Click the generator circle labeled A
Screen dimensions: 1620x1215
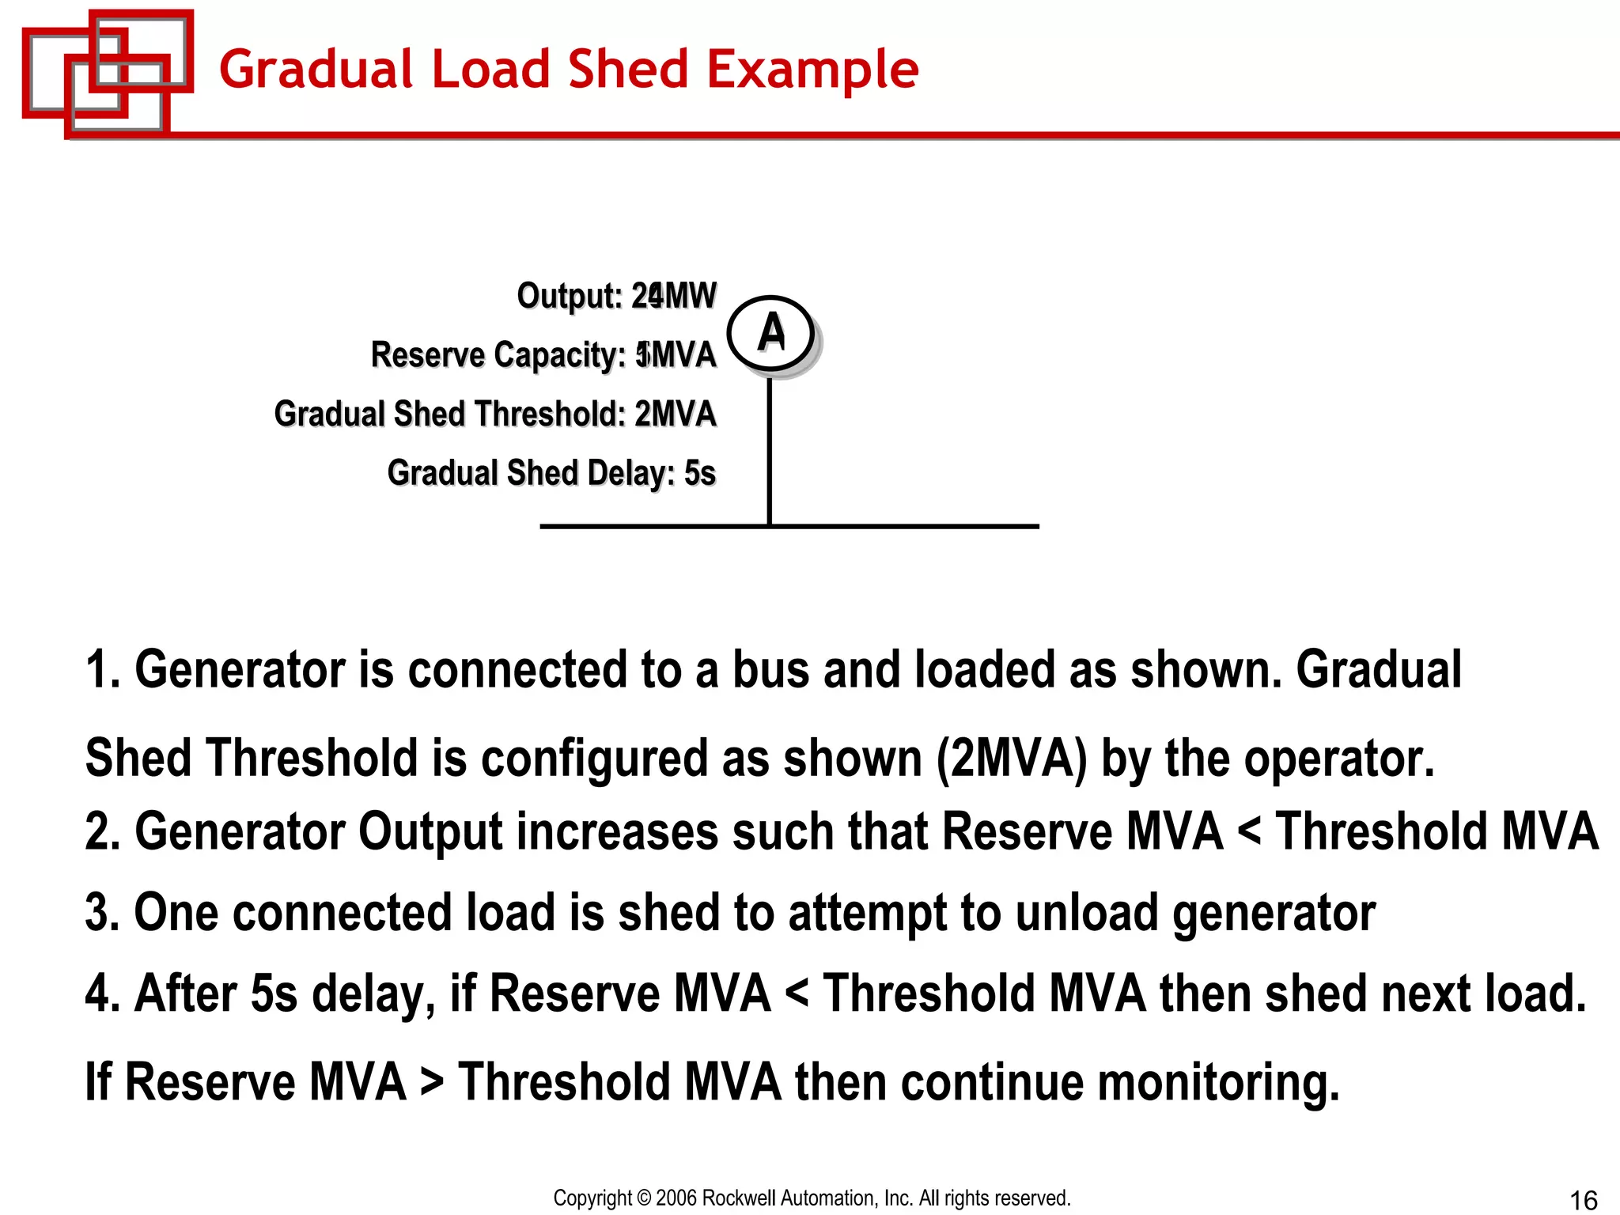770,333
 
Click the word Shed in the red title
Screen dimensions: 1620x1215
629,69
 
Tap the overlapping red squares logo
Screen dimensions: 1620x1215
107,73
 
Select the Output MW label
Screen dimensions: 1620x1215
616,296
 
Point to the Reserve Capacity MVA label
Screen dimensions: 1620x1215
543,355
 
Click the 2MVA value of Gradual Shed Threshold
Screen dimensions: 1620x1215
675,414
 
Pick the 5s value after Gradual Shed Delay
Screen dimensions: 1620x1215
699,473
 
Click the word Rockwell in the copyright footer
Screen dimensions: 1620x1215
739,1198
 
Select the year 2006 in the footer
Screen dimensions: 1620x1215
676,1198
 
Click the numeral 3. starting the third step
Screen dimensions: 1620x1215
102,912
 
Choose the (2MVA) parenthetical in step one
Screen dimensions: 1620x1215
1012,758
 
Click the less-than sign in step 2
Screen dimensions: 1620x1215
1249,832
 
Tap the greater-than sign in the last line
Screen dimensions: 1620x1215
432,1082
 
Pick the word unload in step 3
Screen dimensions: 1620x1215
1087,912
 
